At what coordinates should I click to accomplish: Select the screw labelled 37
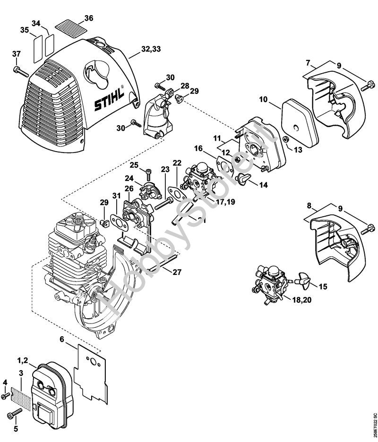[20, 71]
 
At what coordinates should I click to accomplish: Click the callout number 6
[61, 339]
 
